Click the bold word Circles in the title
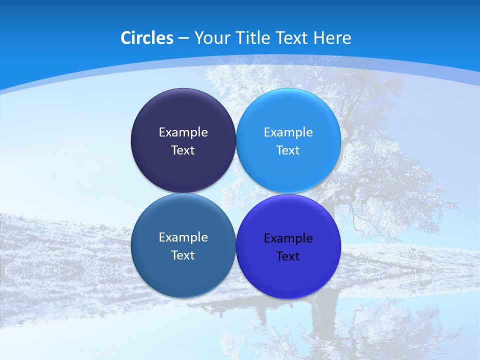[146, 38]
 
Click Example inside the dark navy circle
[183, 132]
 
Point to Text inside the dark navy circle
[183, 150]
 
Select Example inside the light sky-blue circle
[288, 132]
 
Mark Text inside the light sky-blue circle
[288, 150]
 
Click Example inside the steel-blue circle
[183, 237]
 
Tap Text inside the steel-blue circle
[183, 255]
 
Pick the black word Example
[288, 238]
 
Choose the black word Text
[288, 256]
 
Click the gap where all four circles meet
[236, 193]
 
